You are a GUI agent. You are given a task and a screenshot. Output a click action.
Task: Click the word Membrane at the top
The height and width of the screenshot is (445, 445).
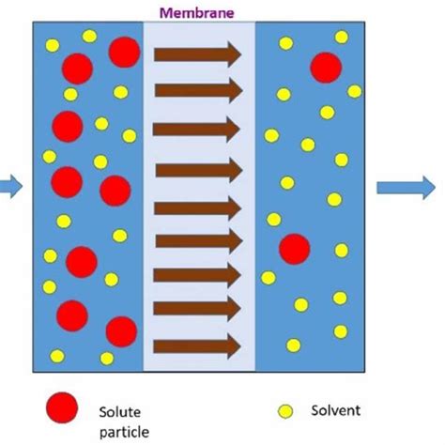click(198, 12)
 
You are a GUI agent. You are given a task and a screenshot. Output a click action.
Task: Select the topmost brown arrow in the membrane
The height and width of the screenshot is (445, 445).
click(197, 54)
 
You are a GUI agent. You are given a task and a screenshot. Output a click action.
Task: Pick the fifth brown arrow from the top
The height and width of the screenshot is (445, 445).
click(197, 207)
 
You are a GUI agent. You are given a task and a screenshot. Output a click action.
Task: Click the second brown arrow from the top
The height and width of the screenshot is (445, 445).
click(197, 90)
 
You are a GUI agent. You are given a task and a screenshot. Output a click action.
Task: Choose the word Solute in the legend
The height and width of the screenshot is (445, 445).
click(119, 411)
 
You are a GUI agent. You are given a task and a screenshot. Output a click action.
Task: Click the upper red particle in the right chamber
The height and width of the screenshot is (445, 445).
click(325, 68)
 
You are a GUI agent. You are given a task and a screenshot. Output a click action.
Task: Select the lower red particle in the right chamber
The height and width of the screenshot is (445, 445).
click(294, 249)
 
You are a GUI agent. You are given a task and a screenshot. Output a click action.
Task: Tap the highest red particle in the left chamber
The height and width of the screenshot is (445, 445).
click(124, 52)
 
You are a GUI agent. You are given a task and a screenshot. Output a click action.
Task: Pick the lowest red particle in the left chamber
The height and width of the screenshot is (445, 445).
click(121, 330)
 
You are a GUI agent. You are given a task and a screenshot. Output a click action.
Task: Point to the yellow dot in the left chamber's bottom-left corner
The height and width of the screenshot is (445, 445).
click(56, 356)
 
